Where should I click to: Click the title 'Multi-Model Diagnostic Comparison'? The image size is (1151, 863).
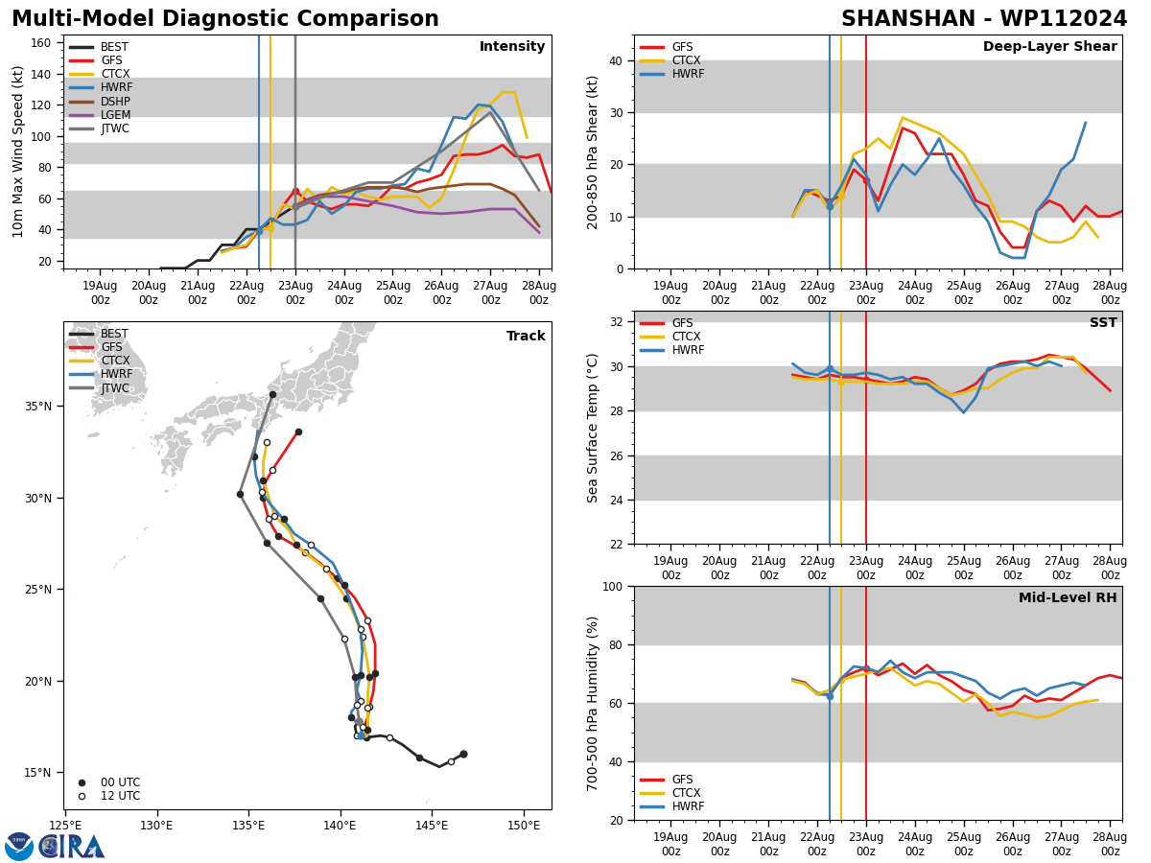(x=225, y=19)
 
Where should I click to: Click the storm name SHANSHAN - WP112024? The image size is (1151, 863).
(x=984, y=19)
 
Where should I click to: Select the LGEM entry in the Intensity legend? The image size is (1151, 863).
(x=114, y=115)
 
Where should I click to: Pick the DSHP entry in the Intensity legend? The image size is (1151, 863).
(x=114, y=102)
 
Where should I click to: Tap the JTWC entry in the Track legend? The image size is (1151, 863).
(x=114, y=388)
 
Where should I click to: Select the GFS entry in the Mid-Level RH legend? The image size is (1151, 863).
(x=682, y=780)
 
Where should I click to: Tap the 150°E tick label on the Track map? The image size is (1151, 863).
(x=524, y=825)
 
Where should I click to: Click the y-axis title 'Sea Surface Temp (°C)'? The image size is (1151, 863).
(x=594, y=428)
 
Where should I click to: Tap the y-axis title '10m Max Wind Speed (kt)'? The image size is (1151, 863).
(x=18, y=152)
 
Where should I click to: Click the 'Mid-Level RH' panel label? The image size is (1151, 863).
(x=1068, y=598)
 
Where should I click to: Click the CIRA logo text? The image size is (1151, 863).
(x=72, y=846)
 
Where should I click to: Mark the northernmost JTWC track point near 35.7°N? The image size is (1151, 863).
(x=272, y=394)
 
